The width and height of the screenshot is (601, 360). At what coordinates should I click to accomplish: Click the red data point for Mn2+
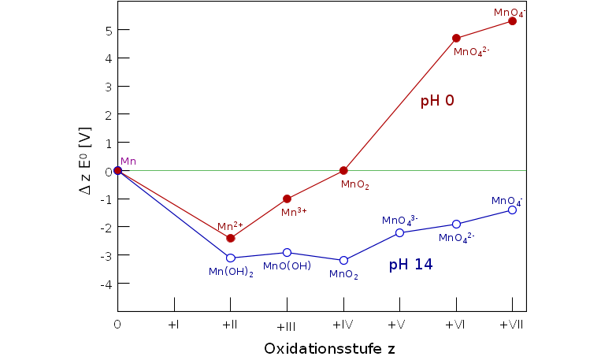pyautogui.click(x=230, y=238)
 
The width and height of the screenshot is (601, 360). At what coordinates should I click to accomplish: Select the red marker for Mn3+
pyautogui.click(x=287, y=199)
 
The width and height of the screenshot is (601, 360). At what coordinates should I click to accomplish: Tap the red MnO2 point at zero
pyautogui.click(x=343, y=170)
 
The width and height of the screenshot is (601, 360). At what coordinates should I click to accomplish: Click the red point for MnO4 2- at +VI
pyautogui.click(x=456, y=38)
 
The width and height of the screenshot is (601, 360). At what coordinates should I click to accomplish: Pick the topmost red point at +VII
pyautogui.click(x=512, y=20)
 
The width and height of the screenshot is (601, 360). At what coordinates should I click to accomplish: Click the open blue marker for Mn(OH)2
pyautogui.click(x=230, y=258)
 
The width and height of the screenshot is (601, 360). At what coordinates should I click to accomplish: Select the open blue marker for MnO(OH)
pyautogui.click(x=287, y=252)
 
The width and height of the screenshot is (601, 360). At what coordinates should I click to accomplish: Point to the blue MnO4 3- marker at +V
pyautogui.click(x=399, y=232)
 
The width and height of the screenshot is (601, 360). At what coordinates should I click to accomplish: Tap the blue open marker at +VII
pyautogui.click(x=512, y=210)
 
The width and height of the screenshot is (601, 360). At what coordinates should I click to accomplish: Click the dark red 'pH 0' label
pyautogui.click(x=437, y=101)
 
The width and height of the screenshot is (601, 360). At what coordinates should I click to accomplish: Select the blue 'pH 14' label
pyautogui.click(x=410, y=265)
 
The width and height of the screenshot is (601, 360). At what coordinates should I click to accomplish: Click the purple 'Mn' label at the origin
pyautogui.click(x=128, y=161)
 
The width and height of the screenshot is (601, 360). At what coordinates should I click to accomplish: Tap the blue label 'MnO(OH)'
pyautogui.click(x=287, y=266)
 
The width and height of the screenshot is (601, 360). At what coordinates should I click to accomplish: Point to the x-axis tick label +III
pyautogui.click(x=287, y=326)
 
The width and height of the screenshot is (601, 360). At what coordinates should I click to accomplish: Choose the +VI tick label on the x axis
pyautogui.click(x=456, y=325)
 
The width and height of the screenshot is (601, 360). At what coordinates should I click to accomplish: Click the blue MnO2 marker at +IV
pyautogui.click(x=343, y=260)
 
